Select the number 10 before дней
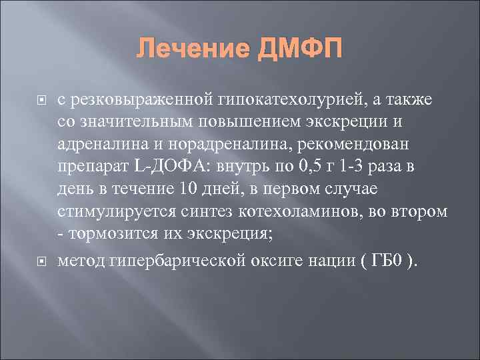[x=190, y=189]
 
